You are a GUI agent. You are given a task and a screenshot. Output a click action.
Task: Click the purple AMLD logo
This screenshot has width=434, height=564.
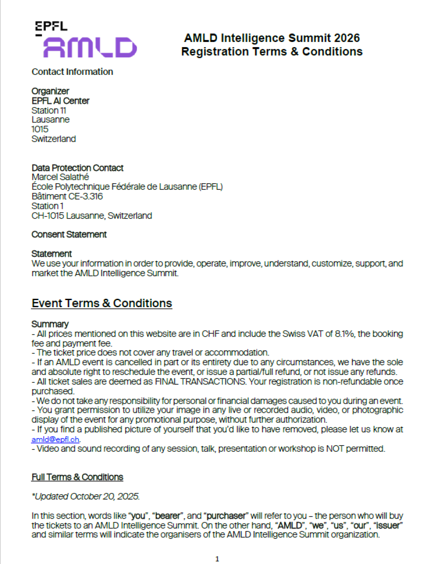pyautogui.click(x=90, y=47)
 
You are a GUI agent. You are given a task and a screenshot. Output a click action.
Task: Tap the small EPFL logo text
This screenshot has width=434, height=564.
pyautogui.click(x=51, y=26)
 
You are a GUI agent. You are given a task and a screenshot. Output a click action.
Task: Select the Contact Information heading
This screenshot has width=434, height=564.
pyautogui.click(x=72, y=72)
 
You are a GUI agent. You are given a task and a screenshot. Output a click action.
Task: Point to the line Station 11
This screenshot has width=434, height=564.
pyautogui.click(x=49, y=110)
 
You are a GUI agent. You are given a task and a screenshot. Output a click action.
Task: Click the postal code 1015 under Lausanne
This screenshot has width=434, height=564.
pyautogui.click(x=40, y=129)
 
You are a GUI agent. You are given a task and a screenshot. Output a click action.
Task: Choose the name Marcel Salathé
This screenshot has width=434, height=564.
pyautogui.click(x=60, y=177)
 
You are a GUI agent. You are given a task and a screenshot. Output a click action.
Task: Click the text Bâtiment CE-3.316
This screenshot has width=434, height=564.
pyautogui.click(x=67, y=197)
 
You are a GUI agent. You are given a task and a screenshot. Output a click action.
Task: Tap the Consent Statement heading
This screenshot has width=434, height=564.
pyautogui.click(x=69, y=234)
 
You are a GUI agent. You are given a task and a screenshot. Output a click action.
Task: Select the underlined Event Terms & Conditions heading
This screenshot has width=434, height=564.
pyautogui.click(x=101, y=303)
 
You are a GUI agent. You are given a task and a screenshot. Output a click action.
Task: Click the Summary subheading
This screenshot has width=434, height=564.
pyautogui.click(x=50, y=324)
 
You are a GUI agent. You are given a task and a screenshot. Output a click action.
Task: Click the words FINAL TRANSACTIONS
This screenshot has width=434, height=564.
pyautogui.click(x=200, y=382)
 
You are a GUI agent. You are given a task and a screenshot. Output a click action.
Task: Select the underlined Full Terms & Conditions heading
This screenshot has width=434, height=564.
pyautogui.click(x=77, y=477)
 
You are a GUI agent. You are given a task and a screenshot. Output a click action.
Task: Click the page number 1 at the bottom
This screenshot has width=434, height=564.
pyautogui.click(x=217, y=559)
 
